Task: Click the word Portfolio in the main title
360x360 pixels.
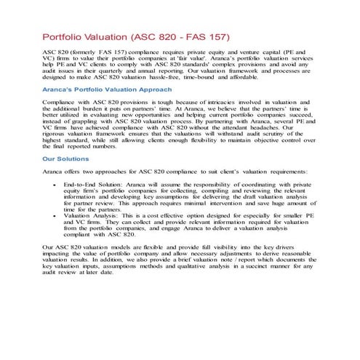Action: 67,36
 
